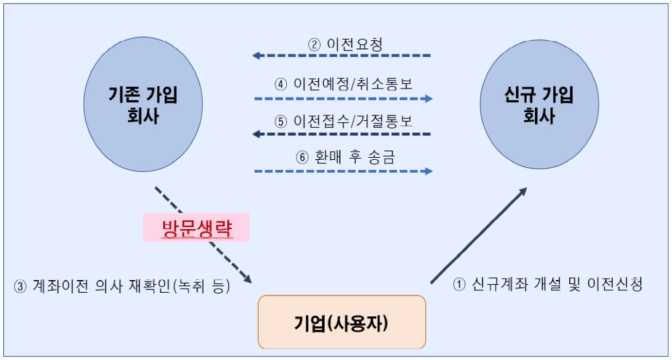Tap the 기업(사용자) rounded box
[x=341, y=322]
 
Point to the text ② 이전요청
[x=345, y=44]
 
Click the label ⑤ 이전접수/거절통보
[x=343, y=122]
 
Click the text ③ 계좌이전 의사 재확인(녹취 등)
[x=122, y=285]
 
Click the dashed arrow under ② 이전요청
[x=342, y=56]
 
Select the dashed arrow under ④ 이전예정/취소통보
[x=343, y=98]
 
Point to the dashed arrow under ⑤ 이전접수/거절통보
[x=342, y=134]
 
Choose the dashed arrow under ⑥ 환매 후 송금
[x=343, y=171]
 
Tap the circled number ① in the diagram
[x=460, y=285]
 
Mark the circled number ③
[x=19, y=286]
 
